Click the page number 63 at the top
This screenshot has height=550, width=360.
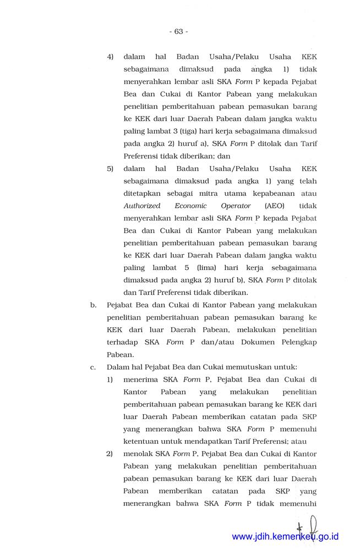[x=179, y=31]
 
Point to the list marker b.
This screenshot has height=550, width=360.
[x=93, y=305]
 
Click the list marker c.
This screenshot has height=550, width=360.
[x=93, y=367]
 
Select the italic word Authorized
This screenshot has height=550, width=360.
[x=142, y=206]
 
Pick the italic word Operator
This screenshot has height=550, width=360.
[x=235, y=206]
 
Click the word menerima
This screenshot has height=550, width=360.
[x=141, y=380]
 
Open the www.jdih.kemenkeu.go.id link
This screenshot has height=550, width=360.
[x=285, y=536]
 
